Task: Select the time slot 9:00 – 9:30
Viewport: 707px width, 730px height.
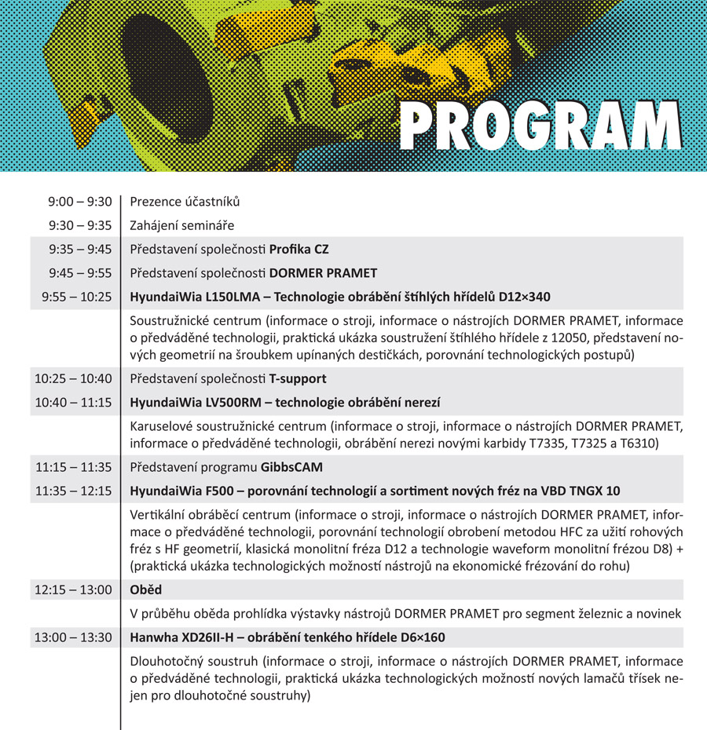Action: (x=80, y=202)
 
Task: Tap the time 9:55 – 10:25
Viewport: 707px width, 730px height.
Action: (x=77, y=297)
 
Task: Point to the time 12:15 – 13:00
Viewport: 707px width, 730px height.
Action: (x=73, y=589)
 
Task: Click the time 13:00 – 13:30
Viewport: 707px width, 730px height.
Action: (x=73, y=637)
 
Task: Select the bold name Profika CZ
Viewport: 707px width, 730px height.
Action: (x=299, y=250)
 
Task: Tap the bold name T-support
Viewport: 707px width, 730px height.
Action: (x=298, y=378)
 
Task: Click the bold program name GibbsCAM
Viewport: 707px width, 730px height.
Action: (x=291, y=467)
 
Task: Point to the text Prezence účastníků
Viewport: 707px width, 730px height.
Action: (x=185, y=202)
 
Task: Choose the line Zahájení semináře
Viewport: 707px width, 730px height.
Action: (x=182, y=225)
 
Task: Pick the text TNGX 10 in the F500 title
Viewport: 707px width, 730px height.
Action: (x=592, y=491)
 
